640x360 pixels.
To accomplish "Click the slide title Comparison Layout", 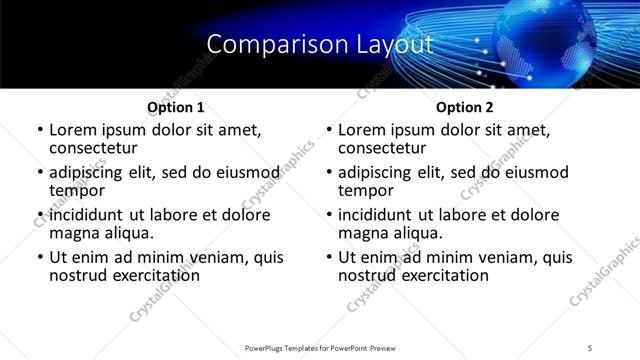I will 320,45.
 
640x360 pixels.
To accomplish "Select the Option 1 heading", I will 175,107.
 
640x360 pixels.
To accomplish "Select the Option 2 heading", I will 464,107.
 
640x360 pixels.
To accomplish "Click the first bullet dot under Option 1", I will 40,131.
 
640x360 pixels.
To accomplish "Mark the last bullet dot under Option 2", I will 329,258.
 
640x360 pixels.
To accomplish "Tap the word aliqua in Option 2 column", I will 419,233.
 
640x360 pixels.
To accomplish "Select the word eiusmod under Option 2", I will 536,172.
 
